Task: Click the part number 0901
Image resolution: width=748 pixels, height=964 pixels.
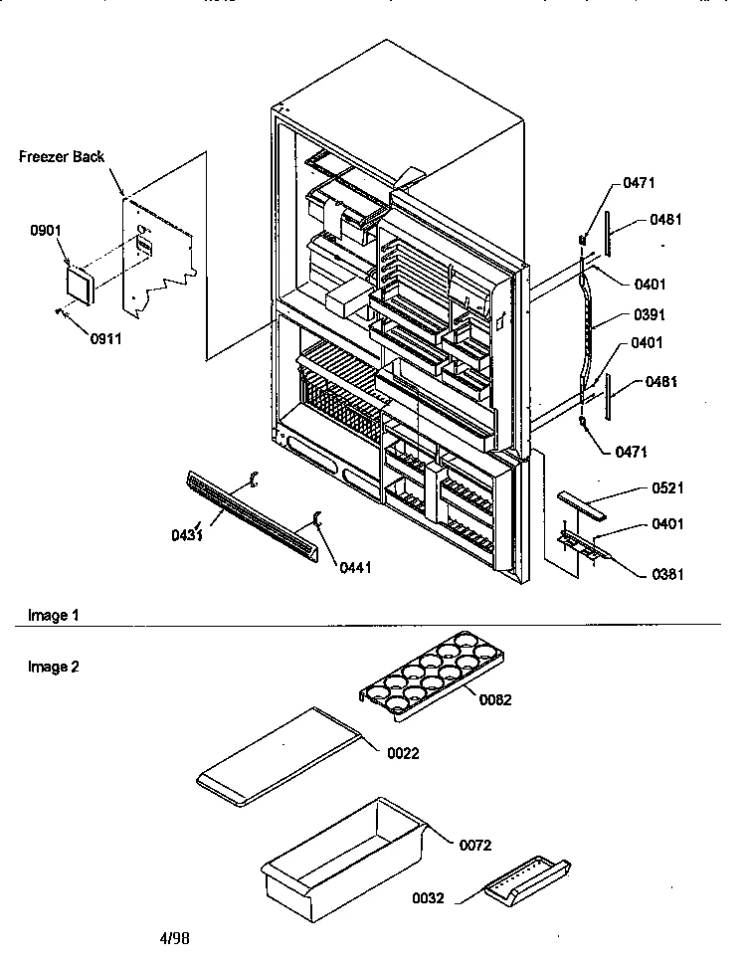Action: (46, 231)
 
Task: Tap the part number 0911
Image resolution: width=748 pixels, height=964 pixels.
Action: (106, 339)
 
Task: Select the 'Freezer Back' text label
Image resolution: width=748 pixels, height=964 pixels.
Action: (62, 157)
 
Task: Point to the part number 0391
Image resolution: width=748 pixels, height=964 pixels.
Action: (650, 314)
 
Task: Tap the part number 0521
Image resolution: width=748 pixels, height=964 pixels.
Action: (667, 488)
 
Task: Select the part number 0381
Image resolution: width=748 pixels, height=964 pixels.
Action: (667, 574)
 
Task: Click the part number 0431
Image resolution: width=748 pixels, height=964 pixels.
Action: (187, 535)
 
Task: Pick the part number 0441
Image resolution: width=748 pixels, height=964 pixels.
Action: (356, 567)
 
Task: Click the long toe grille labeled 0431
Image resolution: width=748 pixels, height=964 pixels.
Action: (252, 516)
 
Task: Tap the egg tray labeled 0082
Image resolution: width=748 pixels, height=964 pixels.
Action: (432, 675)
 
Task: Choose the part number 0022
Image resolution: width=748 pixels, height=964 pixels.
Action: (403, 753)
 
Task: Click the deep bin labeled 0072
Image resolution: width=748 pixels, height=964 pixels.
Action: (343, 860)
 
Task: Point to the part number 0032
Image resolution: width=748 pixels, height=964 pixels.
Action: (428, 898)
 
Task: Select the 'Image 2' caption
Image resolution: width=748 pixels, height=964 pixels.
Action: (54, 667)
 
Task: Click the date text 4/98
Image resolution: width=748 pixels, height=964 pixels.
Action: (174, 938)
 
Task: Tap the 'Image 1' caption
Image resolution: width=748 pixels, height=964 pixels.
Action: (54, 615)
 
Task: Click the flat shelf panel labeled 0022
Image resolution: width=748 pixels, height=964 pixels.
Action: (279, 756)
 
